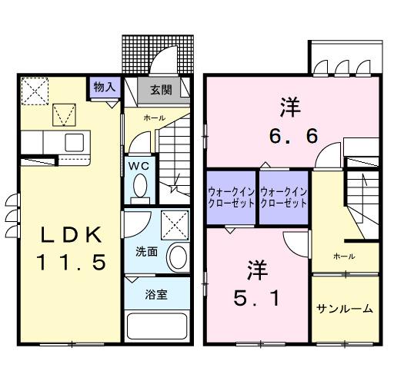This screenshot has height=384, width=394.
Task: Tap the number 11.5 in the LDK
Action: pos(69,263)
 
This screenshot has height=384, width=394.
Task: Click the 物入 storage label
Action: pos(104,87)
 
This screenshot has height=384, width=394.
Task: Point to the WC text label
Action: pos(139,165)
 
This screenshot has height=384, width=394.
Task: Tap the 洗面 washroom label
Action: pos(147,250)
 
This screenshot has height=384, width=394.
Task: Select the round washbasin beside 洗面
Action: pos(178,257)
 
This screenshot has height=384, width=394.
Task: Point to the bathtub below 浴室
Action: pos(157,326)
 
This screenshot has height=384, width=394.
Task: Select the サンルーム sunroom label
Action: pos(346,309)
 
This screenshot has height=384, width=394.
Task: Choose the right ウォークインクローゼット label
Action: pos(283,197)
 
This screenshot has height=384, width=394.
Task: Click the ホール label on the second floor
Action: pos(344,256)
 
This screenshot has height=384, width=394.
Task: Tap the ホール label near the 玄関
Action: pos(154,118)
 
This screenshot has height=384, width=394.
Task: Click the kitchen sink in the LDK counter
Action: pos(75,142)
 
